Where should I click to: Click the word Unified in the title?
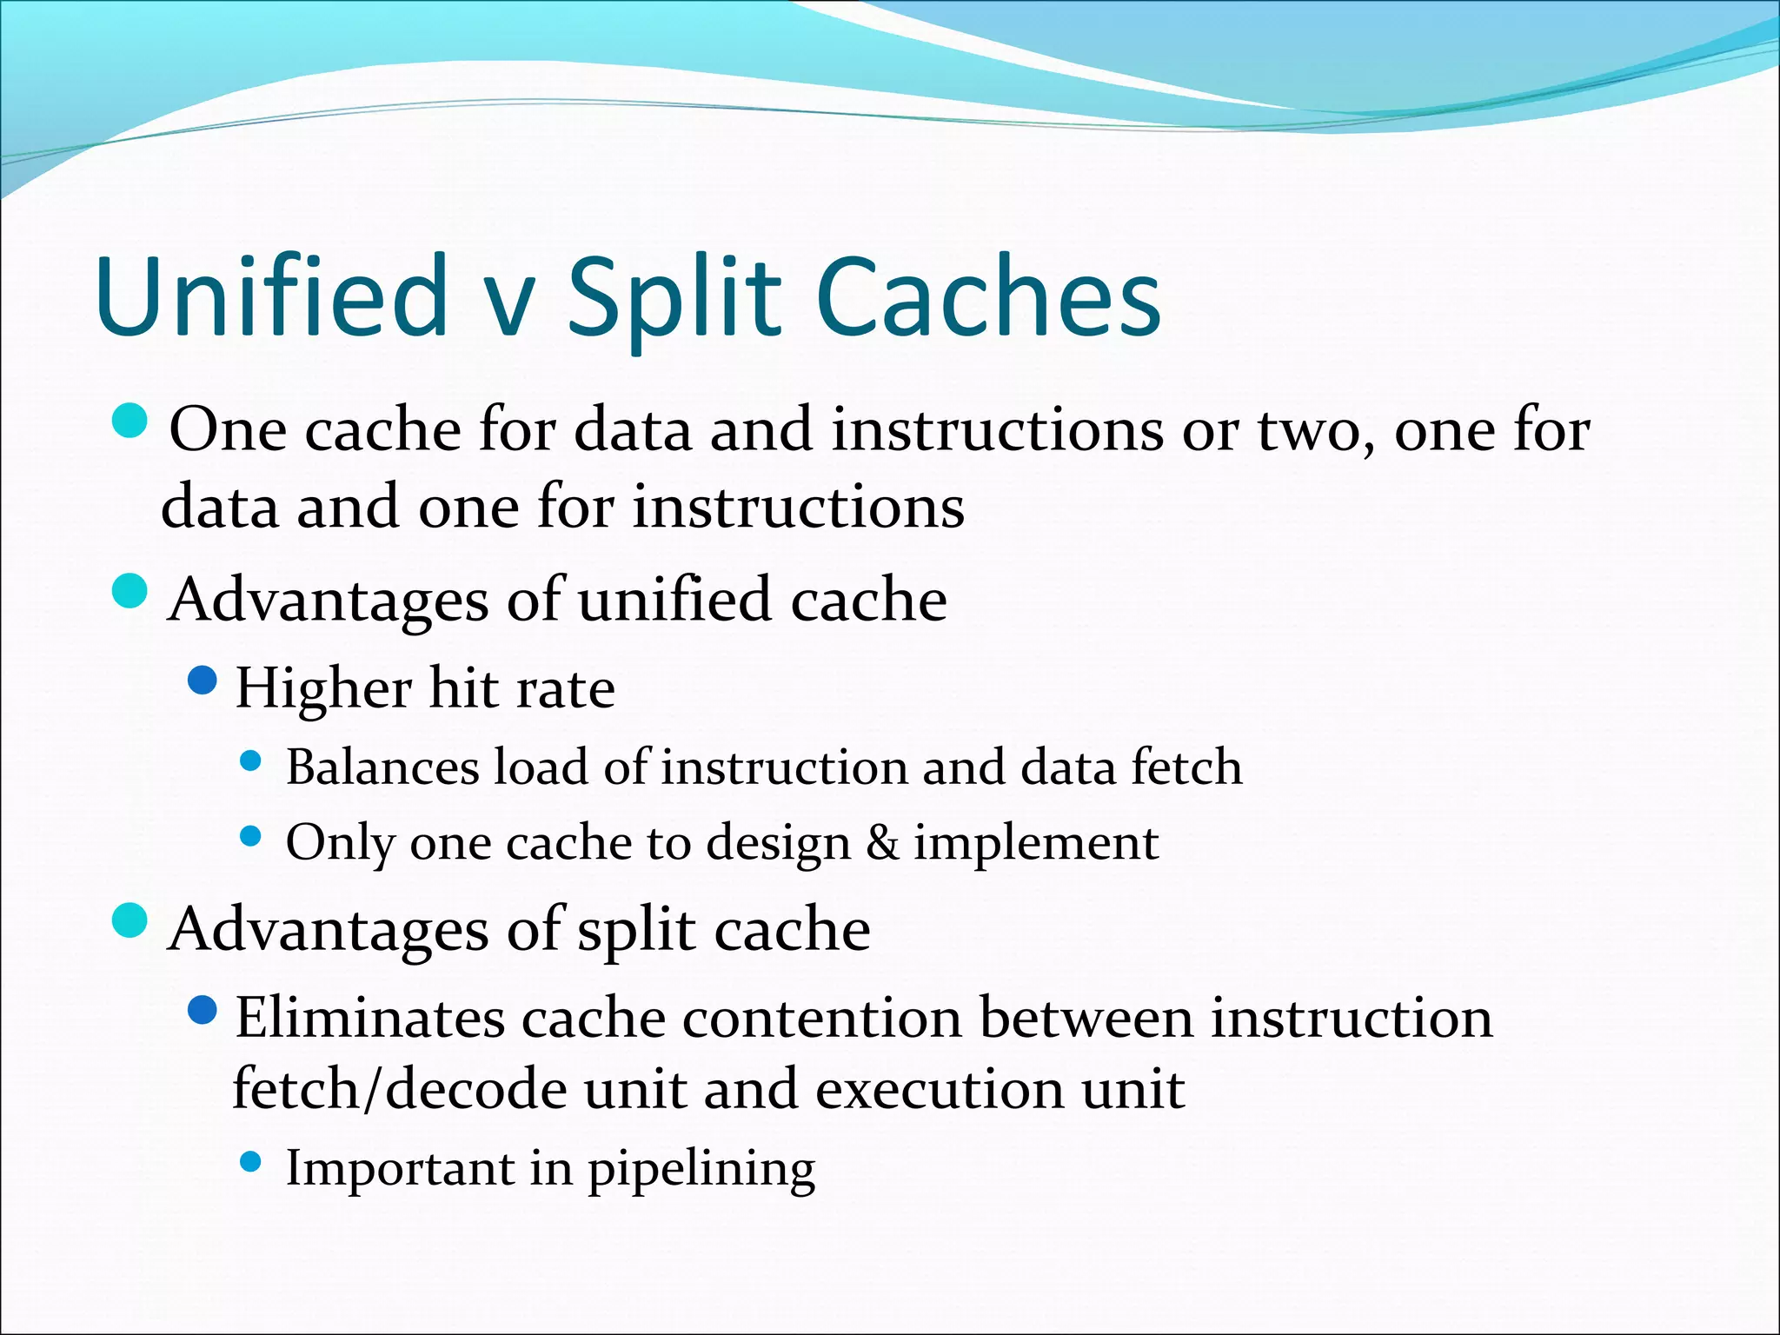(x=271, y=296)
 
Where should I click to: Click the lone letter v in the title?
(x=508, y=304)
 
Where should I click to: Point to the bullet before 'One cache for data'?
(x=131, y=421)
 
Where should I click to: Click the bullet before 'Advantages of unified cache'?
(x=131, y=591)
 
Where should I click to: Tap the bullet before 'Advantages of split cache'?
(x=131, y=920)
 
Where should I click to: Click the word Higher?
(x=323, y=689)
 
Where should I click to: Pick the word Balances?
(x=382, y=767)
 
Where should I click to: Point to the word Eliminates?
(x=369, y=1018)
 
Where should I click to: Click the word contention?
(x=821, y=1018)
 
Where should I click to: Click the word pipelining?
(x=701, y=1169)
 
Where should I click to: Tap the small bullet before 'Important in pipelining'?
(x=250, y=1162)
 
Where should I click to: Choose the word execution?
(x=939, y=1089)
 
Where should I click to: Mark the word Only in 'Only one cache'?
(x=340, y=844)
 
